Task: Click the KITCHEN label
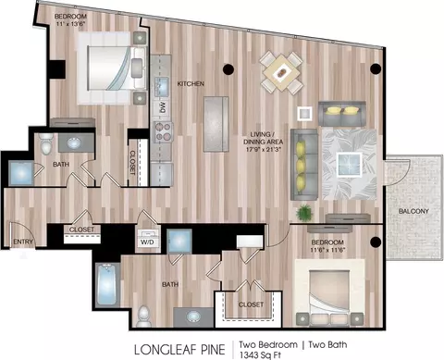[191, 83]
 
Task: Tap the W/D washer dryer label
[147, 242]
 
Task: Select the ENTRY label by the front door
[23, 242]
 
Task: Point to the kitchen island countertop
[216, 124]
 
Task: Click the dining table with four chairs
[281, 73]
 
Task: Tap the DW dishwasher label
[163, 106]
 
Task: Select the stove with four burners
[164, 131]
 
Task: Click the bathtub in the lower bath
[107, 285]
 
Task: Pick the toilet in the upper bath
[46, 143]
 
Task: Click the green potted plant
[304, 213]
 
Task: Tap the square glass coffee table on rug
[350, 165]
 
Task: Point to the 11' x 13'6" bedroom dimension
[70, 23]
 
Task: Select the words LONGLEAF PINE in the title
[179, 350]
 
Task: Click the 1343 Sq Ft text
[260, 355]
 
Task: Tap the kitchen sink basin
[162, 84]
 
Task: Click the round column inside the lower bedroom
[376, 242]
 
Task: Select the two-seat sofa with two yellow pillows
[342, 114]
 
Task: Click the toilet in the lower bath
[143, 317]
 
